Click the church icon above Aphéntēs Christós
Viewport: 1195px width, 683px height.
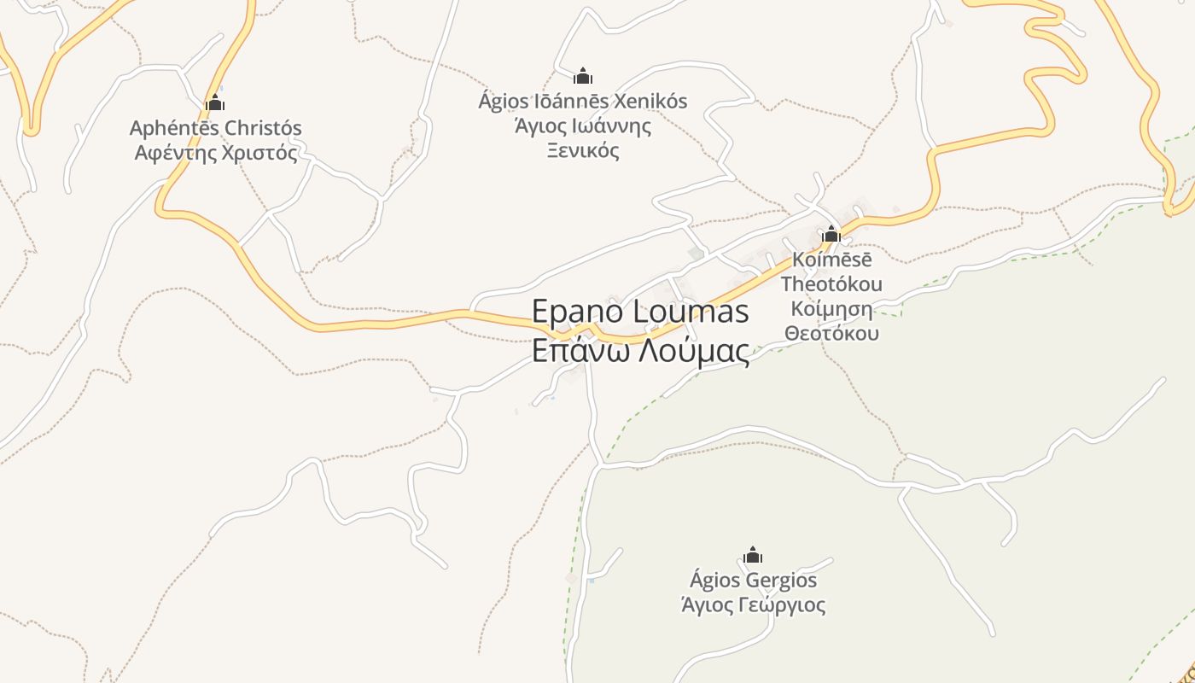click(215, 103)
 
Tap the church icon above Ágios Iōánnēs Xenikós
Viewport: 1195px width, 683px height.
click(583, 76)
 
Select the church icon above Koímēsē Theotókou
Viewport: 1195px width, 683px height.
click(831, 234)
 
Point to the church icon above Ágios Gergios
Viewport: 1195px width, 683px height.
click(753, 556)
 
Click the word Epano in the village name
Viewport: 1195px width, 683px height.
click(580, 312)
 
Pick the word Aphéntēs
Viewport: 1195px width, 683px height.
click(170, 128)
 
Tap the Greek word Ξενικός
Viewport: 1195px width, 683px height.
click(582, 152)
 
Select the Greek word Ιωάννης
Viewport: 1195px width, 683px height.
click(610, 127)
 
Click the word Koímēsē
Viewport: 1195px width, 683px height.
click(832, 259)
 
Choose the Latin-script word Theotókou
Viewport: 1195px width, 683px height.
click(831, 283)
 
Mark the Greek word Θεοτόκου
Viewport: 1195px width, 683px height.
click(831, 333)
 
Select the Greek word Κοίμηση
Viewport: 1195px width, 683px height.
click(831, 308)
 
